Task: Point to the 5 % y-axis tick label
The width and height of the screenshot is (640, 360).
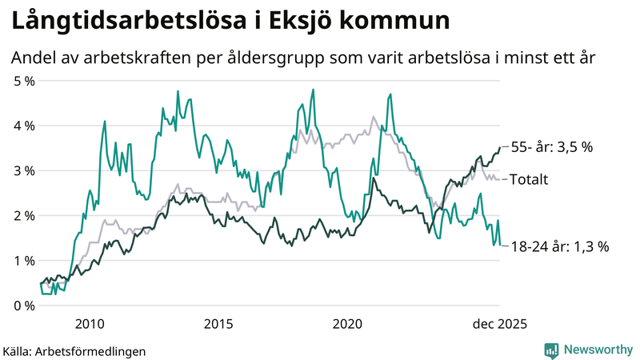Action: [x=24, y=81]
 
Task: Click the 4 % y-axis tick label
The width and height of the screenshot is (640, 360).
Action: [x=24, y=126]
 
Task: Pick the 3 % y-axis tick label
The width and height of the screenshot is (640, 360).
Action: [x=24, y=170]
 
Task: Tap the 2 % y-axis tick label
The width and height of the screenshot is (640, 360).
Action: [x=24, y=215]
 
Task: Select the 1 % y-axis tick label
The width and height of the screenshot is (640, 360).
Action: [x=24, y=260]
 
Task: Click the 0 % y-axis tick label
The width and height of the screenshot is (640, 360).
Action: [x=24, y=305]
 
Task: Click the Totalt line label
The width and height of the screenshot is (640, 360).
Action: [x=528, y=179]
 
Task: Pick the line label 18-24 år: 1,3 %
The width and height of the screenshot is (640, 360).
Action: [x=558, y=246]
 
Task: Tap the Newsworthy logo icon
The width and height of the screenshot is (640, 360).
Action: [x=551, y=350]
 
